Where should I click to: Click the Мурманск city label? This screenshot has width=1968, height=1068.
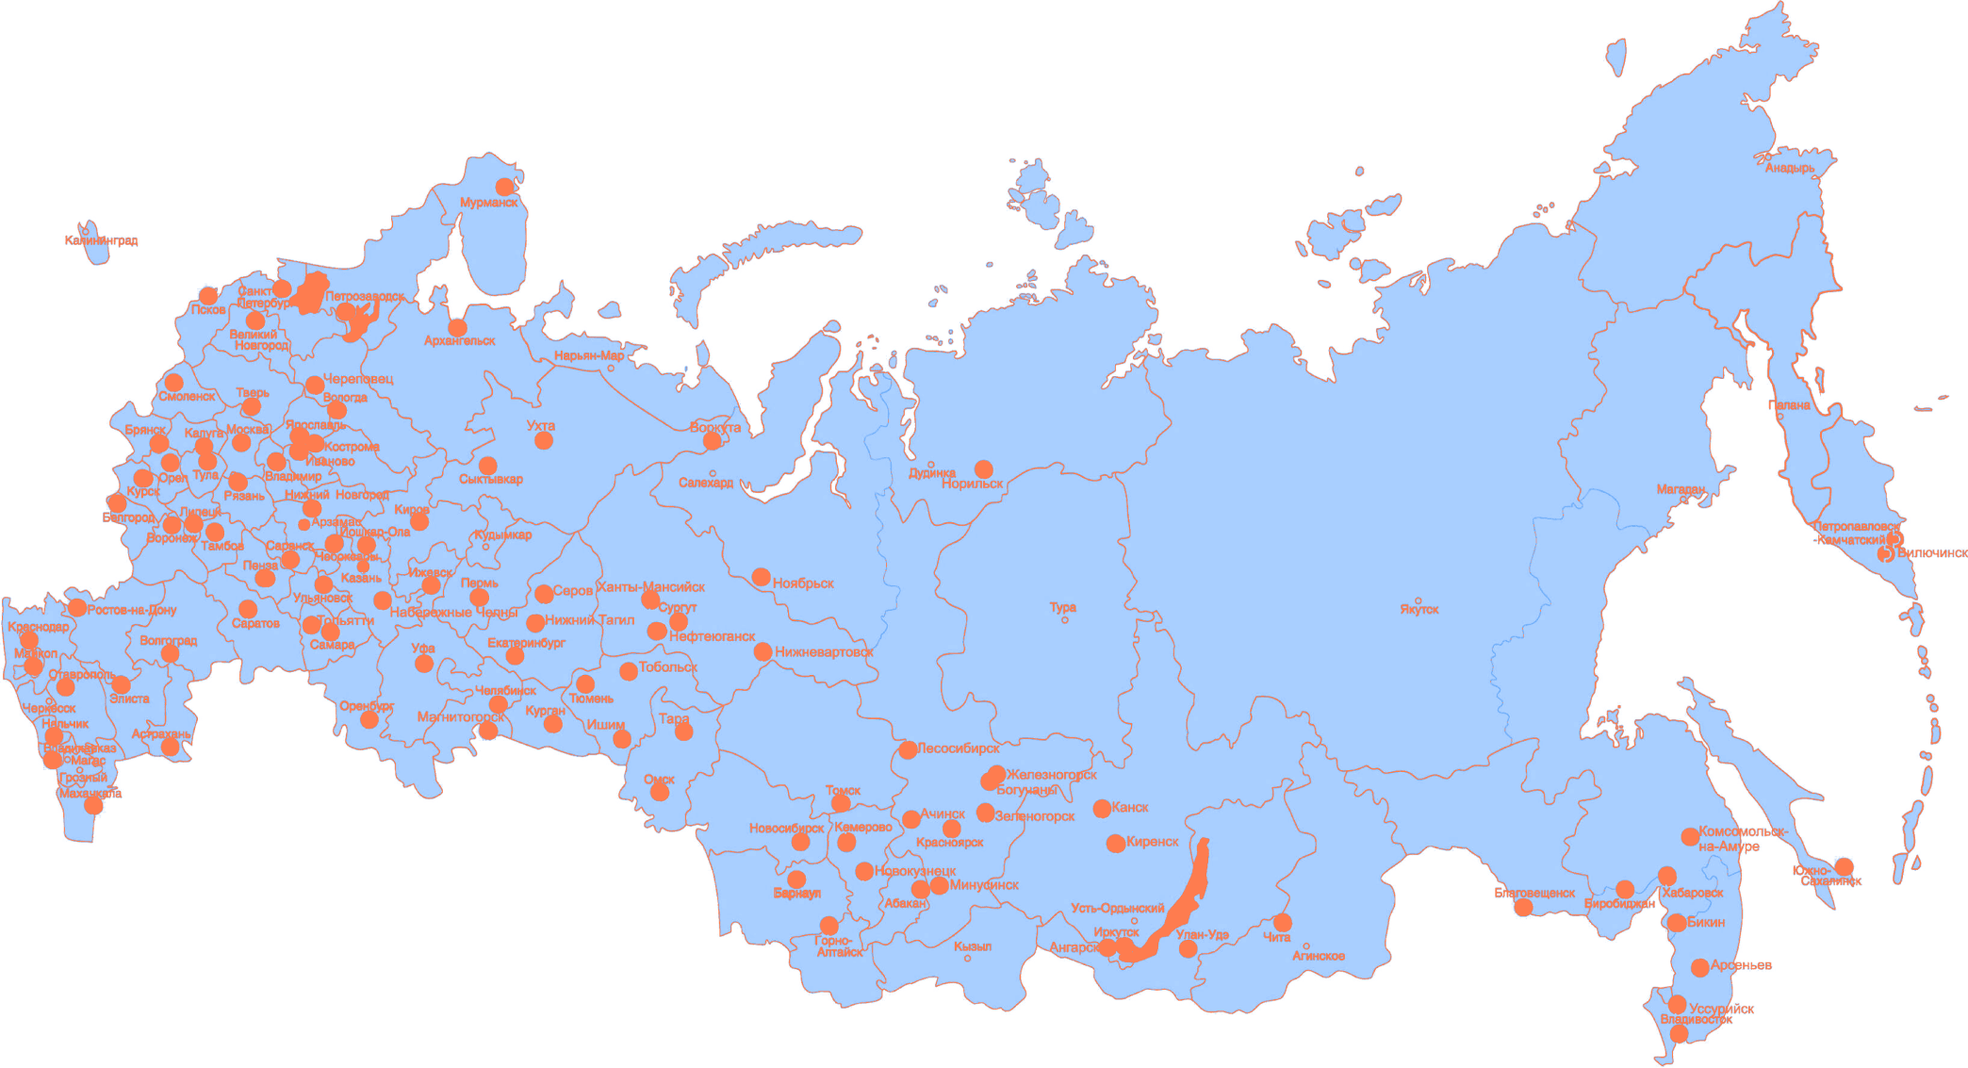488,203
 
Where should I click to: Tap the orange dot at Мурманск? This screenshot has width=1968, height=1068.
505,187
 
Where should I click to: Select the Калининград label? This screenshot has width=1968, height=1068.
102,240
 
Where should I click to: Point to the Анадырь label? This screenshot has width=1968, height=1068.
1789,169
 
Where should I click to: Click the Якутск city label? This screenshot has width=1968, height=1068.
1419,610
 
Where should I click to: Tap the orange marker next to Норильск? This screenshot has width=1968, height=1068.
984,468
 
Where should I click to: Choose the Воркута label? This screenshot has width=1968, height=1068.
715,427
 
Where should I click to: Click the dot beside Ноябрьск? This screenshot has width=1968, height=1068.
761,577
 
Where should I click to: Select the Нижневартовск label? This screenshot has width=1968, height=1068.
824,651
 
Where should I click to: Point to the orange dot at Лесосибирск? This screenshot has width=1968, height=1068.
908,749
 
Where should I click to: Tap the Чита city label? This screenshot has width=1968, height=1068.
1276,938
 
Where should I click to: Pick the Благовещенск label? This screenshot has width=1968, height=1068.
1533,893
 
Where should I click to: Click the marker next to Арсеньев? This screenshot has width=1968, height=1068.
1699,967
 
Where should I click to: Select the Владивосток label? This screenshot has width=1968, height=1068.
1696,1019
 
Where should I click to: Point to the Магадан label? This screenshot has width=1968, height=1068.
1681,489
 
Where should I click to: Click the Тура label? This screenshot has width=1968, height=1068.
1062,607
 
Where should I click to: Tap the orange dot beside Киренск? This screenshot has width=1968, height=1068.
1116,843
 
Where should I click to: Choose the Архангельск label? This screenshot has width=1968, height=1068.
459,340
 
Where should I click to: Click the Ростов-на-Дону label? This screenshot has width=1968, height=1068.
132,610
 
